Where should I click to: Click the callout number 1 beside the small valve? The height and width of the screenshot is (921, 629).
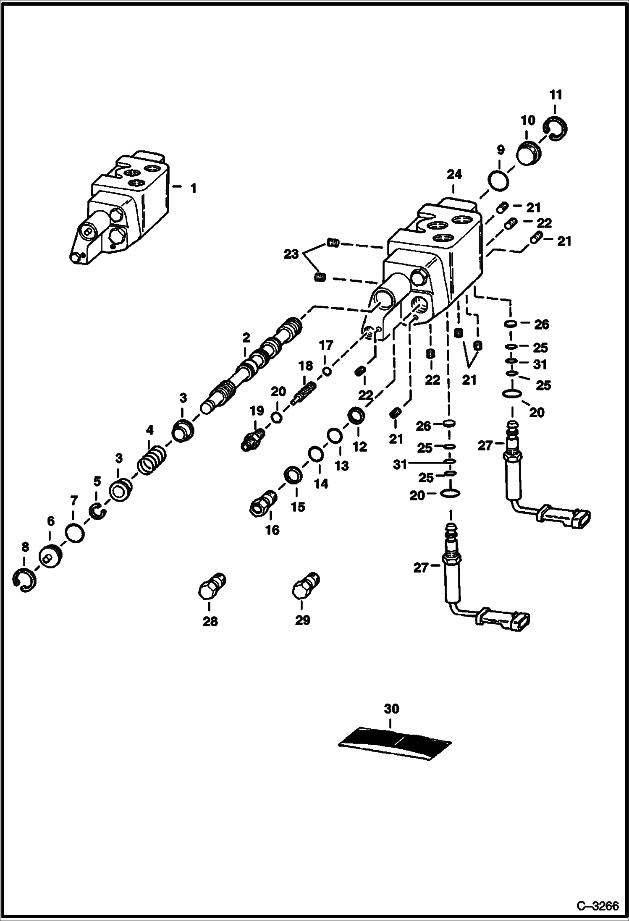193,188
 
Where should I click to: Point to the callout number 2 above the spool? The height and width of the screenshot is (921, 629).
246,337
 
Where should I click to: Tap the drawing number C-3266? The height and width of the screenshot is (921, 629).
598,906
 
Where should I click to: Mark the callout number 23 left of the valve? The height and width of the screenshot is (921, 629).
291,254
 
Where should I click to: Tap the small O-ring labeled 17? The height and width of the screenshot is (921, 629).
327,371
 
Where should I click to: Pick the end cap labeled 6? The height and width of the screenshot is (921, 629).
51,556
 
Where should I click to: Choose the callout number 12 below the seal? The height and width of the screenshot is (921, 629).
359,447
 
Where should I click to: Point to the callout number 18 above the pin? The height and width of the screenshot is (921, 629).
306,365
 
